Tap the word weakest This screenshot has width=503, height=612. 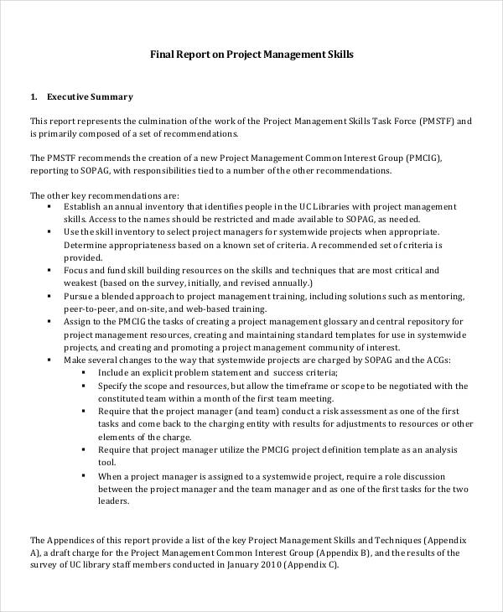83,283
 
